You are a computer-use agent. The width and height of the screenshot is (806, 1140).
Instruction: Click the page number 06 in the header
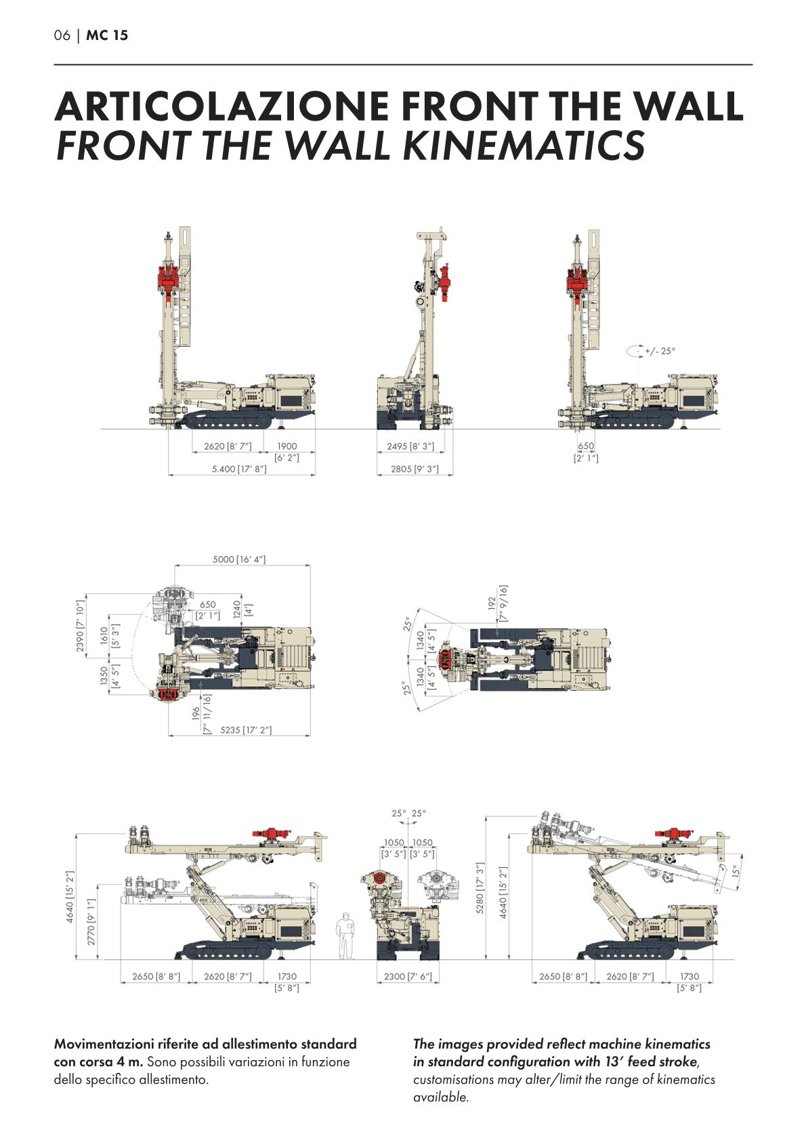[62, 35]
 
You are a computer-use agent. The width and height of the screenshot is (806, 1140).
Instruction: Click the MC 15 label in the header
[107, 35]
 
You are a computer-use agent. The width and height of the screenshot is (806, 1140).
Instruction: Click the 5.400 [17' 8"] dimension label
[239, 469]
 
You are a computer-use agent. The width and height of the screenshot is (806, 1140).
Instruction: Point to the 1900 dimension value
[287, 446]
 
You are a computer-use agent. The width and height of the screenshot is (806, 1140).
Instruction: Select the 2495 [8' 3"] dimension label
[410, 446]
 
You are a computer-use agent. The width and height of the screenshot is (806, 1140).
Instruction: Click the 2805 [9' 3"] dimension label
[415, 469]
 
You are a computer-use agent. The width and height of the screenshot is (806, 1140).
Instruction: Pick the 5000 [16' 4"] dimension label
[239, 560]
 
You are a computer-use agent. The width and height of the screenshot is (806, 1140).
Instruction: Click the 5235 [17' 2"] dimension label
[246, 730]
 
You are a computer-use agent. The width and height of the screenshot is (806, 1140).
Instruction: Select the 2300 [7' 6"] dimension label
[408, 976]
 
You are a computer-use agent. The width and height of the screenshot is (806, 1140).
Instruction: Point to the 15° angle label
[736, 871]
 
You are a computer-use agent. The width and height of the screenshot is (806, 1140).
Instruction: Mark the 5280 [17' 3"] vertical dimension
[480, 887]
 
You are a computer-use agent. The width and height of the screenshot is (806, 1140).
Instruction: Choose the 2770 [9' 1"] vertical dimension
[91, 922]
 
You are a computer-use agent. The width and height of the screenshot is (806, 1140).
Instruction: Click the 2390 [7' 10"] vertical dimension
[80, 626]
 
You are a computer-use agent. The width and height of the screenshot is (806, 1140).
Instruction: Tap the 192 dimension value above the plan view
[492, 603]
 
